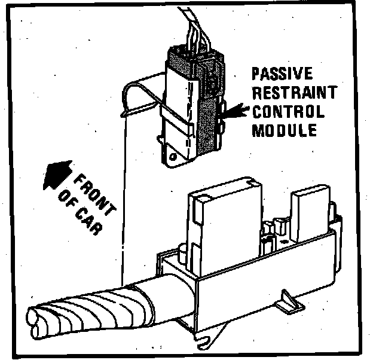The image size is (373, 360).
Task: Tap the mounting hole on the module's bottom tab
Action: (174, 157)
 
